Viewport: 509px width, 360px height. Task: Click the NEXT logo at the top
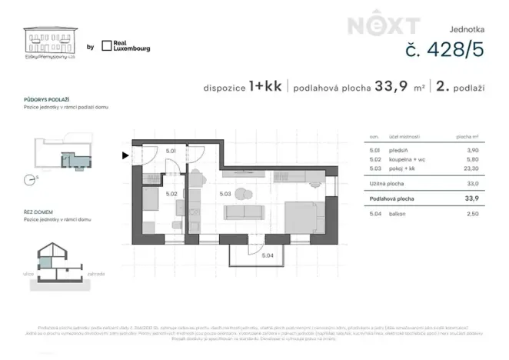374,25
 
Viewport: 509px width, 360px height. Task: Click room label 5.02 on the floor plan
171,195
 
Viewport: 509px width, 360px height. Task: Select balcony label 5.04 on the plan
268,255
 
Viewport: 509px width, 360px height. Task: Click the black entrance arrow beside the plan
125,156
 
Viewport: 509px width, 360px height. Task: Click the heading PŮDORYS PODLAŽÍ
48,100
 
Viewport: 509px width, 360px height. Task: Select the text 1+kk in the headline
264,88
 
